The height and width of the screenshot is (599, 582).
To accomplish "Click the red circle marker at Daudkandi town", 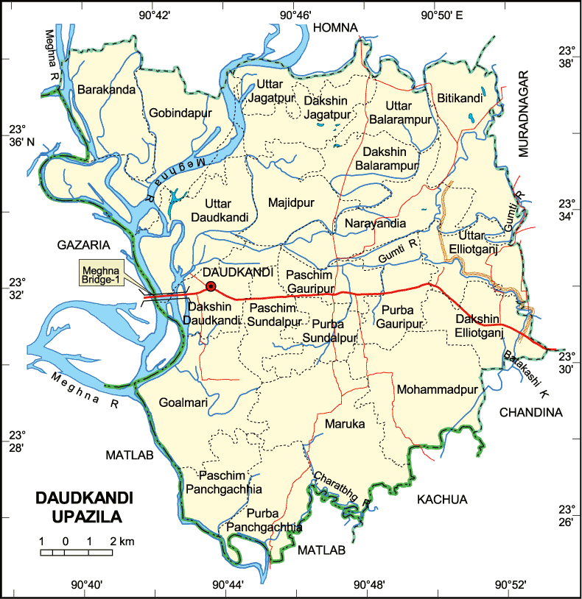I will pyautogui.click(x=211, y=286).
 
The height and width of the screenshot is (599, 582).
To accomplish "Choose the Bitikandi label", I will pyautogui.click(x=460, y=97).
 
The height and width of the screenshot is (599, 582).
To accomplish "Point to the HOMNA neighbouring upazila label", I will pyautogui.click(x=335, y=27).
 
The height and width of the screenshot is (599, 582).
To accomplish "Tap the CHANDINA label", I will pyautogui.click(x=530, y=413).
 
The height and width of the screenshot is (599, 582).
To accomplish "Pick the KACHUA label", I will pyautogui.click(x=442, y=500).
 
